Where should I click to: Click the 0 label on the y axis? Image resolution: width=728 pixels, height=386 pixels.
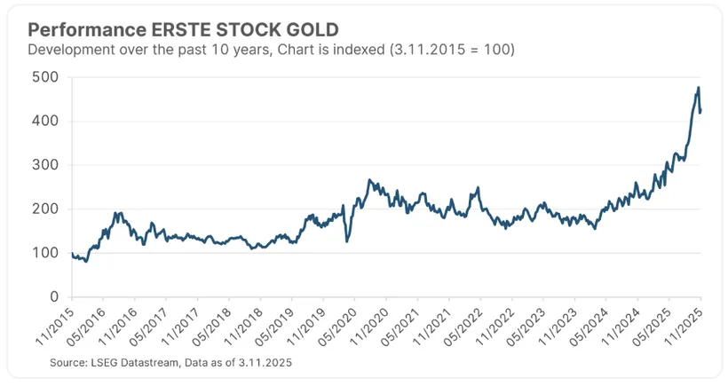click(x=54, y=297)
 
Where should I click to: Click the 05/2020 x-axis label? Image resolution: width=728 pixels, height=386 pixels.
click(x=342, y=326)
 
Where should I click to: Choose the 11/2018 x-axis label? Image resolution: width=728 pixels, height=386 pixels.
click(x=248, y=326)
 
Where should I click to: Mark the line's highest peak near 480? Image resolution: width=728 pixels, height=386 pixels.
click(x=699, y=88)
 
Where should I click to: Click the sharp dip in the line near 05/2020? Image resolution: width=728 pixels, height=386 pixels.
click(x=347, y=240)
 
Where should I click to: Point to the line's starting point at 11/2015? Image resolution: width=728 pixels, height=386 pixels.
click(x=73, y=254)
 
